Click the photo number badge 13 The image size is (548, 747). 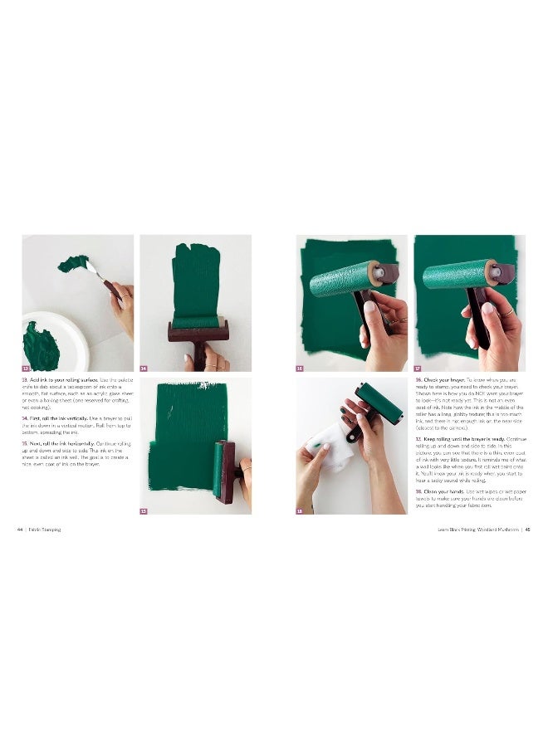pos(26,367)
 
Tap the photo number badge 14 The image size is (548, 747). pos(144,367)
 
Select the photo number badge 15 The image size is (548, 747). pos(144,510)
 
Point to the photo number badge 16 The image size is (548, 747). pos(300,367)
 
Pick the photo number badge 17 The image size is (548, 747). pos(418,367)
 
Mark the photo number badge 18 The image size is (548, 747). pos(300,510)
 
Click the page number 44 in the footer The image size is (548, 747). pos(19,529)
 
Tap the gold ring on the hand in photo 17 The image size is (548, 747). pos(511,311)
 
